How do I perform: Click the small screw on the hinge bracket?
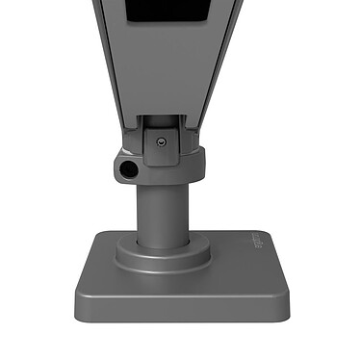162,141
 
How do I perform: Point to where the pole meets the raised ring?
163,243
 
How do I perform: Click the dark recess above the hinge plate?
168,122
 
